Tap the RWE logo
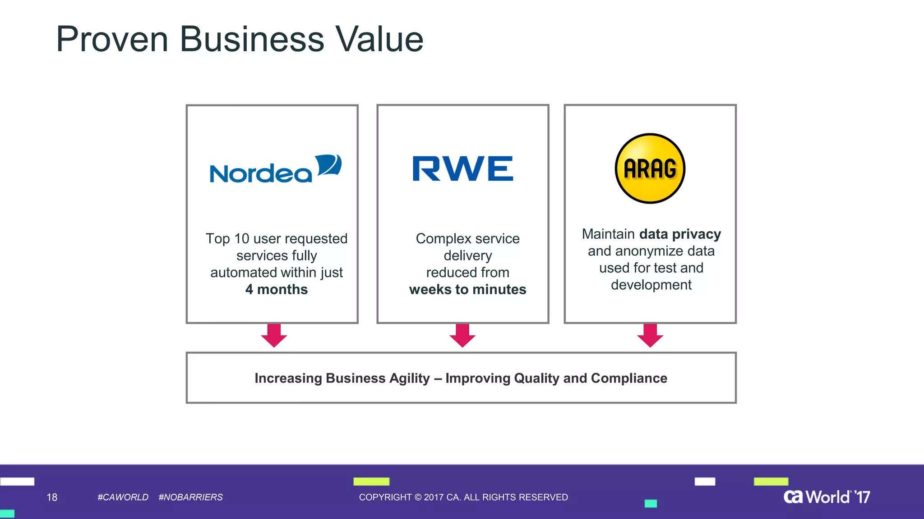pos(463,168)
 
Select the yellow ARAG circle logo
pos(650,168)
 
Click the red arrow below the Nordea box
pos(274,335)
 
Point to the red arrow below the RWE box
pos(462,335)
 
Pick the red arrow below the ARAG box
pos(650,335)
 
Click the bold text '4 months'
pos(277,289)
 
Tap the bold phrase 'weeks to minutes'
pos(467,289)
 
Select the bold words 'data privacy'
pos(680,234)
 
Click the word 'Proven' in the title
pos(112,39)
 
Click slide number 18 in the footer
pos(52,497)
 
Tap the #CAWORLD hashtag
pos(123,497)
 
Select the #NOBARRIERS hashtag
pos(190,497)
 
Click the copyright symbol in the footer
pos(418,497)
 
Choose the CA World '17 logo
pos(827,497)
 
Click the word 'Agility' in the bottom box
pos(409,378)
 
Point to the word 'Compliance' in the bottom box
pos(629,378)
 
